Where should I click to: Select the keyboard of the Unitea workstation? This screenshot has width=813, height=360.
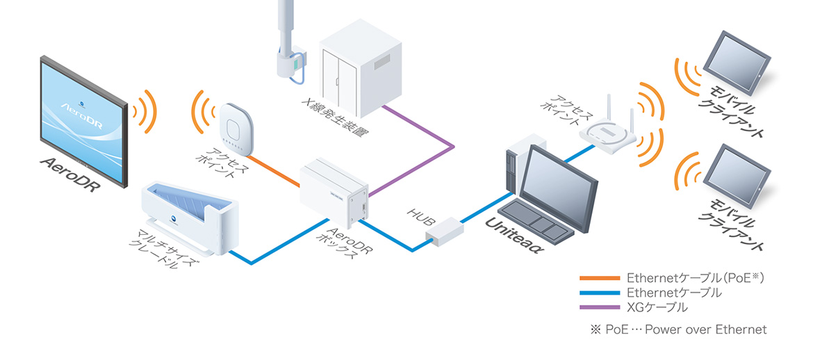(535, 220)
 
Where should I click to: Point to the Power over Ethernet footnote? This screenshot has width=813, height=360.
(677, 329)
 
